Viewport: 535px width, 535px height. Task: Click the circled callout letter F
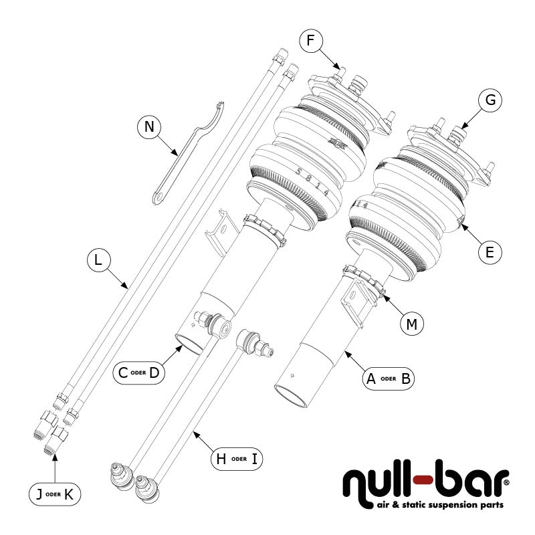(x=310, y=41)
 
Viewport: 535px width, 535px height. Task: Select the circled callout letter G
(x=490, y=100)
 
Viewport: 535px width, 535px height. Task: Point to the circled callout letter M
(x=412, y=324)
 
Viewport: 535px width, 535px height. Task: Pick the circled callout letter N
(x=149, y=127)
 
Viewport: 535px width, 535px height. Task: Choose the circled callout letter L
(x=98, y=261)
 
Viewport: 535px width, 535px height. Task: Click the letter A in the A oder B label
(x=370, y=378)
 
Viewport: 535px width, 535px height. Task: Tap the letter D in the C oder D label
(x=154, y=372)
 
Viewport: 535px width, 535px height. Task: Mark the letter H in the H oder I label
(x=219, y=459)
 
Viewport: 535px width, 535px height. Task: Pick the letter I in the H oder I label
(x=254, y=459)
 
